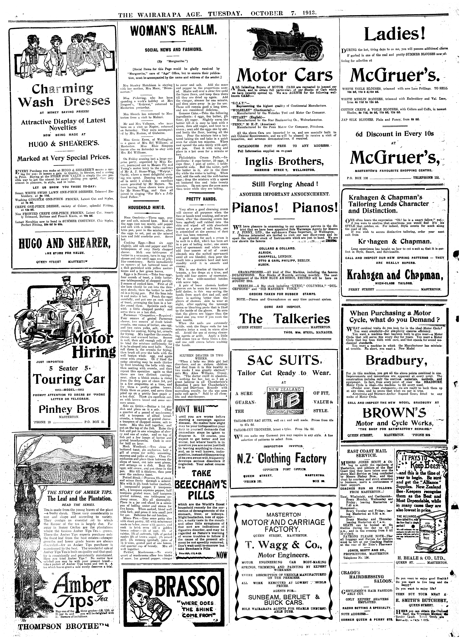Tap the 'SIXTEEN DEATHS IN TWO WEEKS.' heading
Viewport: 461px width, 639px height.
[201, 356]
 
